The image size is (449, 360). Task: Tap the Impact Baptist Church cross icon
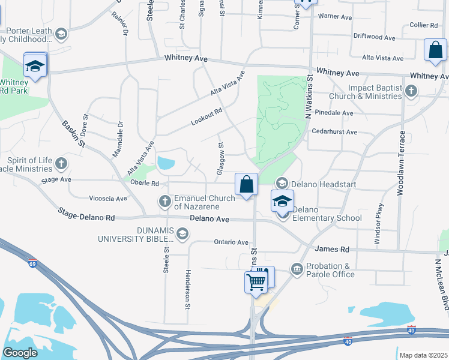coord(411,91)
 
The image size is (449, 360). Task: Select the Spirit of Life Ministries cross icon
coord(61,163)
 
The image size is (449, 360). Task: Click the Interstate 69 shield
coord(32,263)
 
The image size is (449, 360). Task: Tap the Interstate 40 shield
coord(348,341)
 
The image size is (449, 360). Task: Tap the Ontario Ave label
coord(231,242)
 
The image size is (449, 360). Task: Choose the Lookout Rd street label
coord(206,116)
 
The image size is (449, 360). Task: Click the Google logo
coord(19,353)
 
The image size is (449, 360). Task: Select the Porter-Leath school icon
coord(61,34)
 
